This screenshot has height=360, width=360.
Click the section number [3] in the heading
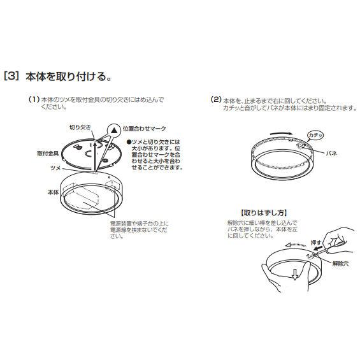[11, 76]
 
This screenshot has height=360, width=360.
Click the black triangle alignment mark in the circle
[114, 131]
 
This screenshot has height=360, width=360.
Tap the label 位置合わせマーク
[144, 129]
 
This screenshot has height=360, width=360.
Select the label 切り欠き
[80, 127]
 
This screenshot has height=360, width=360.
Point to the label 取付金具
[48, 154]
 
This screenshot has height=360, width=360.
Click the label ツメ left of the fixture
[55, 168]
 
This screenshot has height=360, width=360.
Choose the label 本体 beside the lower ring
[53, 192]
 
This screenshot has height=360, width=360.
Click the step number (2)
[216, 99]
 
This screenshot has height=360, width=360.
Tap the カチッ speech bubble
[315, 135]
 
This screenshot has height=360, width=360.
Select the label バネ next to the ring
[331, 154]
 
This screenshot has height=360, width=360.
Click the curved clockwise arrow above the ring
[282, 134]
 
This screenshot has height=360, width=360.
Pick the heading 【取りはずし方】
[264, 213]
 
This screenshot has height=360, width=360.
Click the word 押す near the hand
[316, 243]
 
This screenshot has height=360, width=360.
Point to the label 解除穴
[340, 264]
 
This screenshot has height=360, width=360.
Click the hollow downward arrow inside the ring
[295, 275]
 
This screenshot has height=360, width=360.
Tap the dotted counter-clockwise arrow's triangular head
[289, 245]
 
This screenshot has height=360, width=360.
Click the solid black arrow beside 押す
[318, 248]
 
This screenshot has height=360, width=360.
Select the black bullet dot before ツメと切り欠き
[129, 142]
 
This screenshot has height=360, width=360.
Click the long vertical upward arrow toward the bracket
[94, 156]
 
